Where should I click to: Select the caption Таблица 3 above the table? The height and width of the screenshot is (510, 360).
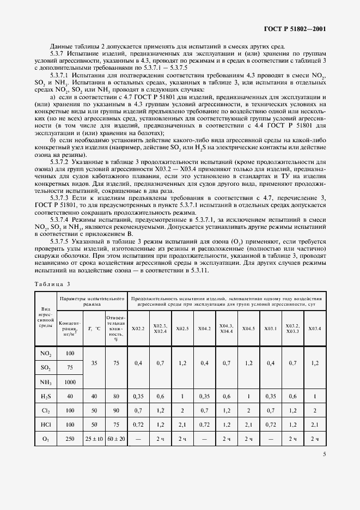coord(53,284)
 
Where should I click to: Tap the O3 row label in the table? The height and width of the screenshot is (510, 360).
coord(46,438)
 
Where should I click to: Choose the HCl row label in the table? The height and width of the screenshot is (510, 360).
coord(46,423)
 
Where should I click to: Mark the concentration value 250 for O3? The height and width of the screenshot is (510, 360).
coord(70,438)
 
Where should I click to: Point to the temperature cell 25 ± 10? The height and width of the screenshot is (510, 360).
coord(93,438)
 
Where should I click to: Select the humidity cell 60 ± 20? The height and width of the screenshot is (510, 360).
coord(116,438)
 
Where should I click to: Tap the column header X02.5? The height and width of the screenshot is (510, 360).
coord(182,329)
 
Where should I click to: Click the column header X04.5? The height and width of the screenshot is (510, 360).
coord(248,329)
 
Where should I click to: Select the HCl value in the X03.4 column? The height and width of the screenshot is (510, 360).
coord(315,423)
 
